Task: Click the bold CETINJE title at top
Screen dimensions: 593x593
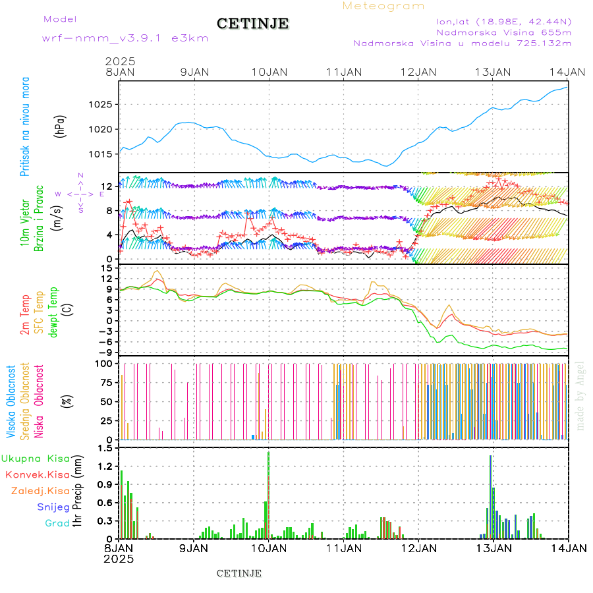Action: pyautogui.click(x=252, y=24)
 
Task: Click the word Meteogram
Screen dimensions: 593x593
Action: pyautogui.click(x=383, y=6)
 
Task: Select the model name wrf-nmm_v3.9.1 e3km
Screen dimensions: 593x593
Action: pyautogui.click(x=125, y=38)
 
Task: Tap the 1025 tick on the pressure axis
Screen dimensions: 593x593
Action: pyautogui.click(x=101, y=105)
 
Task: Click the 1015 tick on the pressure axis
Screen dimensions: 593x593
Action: pyautogui.click(x=101, y=154)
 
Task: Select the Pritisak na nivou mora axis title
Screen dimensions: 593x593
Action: pyautogui.click(x=25, y=127)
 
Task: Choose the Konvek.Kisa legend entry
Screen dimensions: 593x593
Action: pyautogui.click(x=37, y=474)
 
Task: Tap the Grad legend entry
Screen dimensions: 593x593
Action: pyautogui.click(x=57, y=524)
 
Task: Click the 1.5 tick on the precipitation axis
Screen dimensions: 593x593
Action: pyautogui.click(x=104, y=449)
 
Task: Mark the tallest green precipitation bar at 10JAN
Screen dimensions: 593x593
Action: pyautogui.click(x=268, y=494)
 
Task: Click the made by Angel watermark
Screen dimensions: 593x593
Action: pyautogui.click(x=580, y=395)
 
